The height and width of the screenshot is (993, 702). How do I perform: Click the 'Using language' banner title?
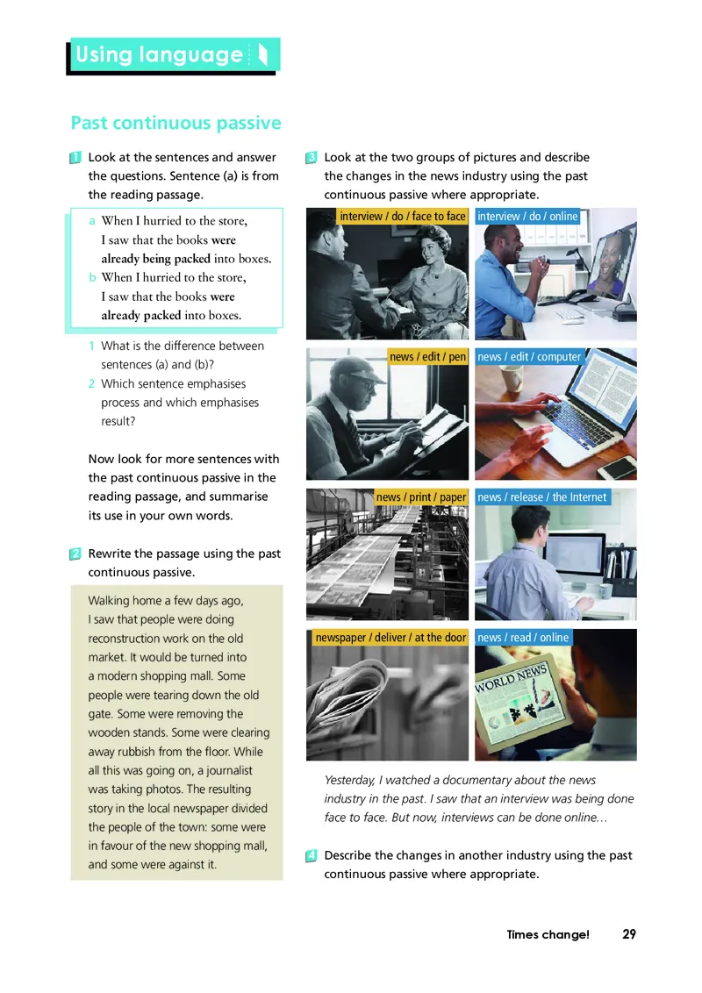[159, 54]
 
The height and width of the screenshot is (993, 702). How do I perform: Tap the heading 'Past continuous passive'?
[175, 122]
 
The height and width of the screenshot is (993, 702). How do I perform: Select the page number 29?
[629, 934]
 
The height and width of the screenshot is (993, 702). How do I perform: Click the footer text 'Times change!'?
[548, 934]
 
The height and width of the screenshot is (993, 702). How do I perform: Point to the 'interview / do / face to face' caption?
[402, 217]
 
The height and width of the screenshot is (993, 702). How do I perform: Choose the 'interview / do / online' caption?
[527, 217]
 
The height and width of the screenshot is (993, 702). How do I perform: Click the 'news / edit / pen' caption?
[427, 356]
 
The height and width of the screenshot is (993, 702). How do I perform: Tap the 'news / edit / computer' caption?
[529, 356]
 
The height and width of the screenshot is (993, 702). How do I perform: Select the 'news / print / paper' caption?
[420, 497]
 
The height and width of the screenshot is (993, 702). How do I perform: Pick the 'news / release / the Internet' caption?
[542, 497]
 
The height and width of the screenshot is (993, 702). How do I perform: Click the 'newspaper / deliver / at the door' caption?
[390, 637]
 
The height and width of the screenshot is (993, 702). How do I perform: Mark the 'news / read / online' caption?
[523, 637]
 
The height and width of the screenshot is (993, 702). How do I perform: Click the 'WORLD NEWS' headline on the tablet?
[511, 679]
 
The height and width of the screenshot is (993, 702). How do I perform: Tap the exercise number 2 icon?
[75, 554]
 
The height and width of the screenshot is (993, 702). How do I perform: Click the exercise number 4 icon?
[312, 855]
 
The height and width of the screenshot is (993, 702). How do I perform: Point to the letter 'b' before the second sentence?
[92, 277]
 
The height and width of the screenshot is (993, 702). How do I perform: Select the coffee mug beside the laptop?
[512, 381]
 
